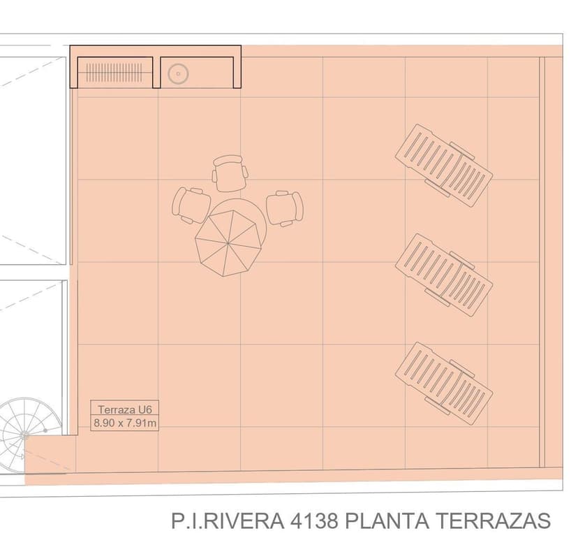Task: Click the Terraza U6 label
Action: tap(124, 409)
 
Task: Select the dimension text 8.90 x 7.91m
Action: tap(124, 423)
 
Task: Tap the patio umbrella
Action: tap(228, 245)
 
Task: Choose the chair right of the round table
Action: tap(285, 208)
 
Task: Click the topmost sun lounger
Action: tap(444, 166)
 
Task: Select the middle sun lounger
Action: tap(444, 275)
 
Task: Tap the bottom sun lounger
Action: tap(444, 384)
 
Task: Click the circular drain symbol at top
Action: tap(179, 74)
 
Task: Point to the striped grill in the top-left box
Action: tap(114, 73)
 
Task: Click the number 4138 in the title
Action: tap(314, 521)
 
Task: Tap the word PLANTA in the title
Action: tap(387, 521)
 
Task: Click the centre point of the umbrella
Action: tap(228, 244)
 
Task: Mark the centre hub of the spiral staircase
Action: tap(24, 436)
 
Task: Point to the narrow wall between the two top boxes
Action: tap(156, 73)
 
